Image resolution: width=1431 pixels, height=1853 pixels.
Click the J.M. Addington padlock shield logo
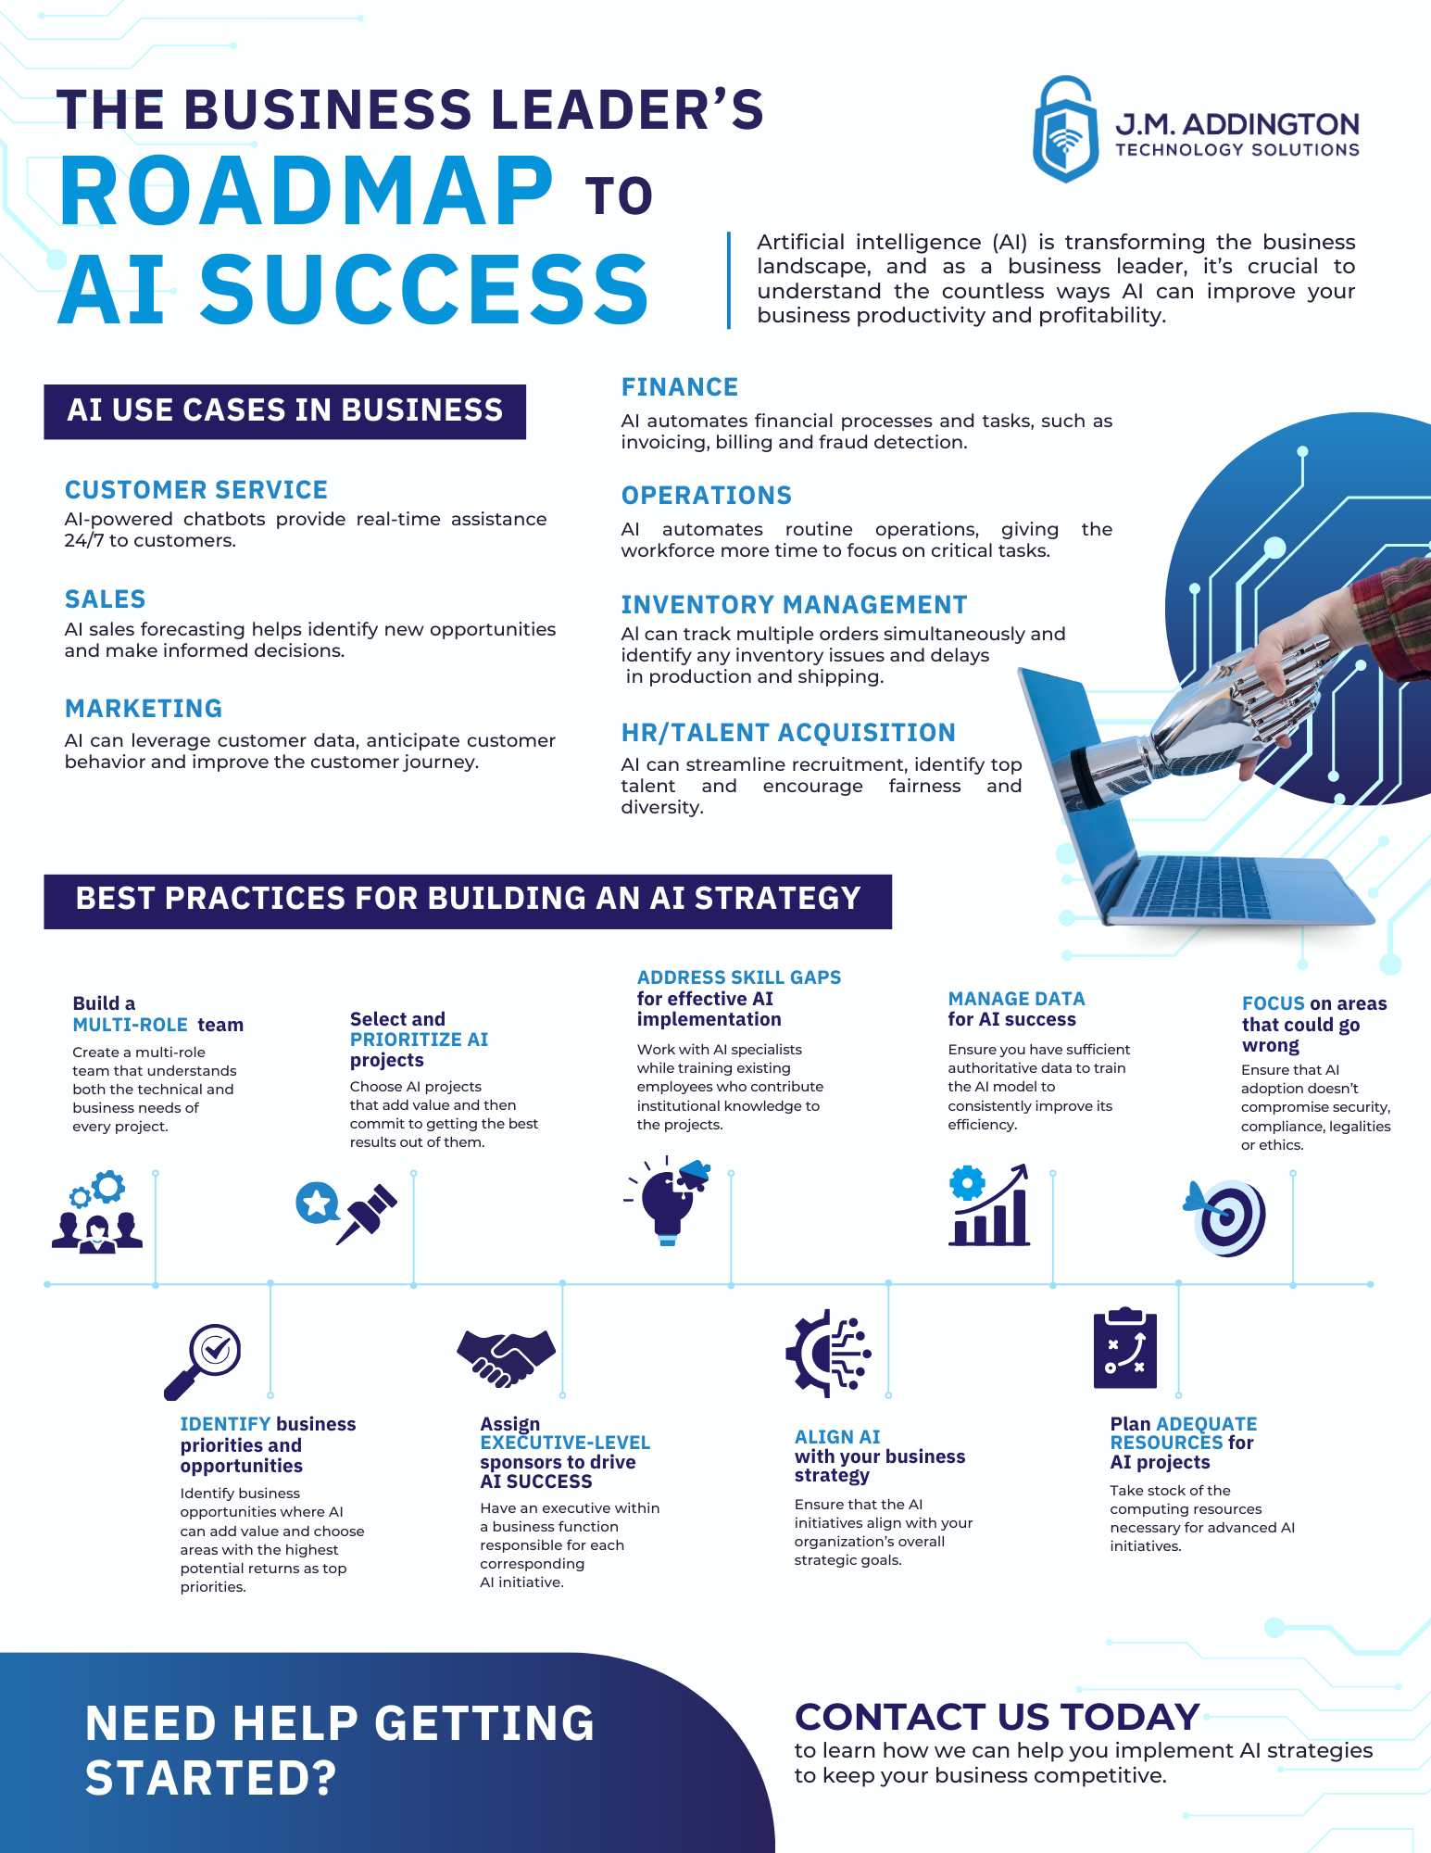pyautogui.click(x=1066, y=129)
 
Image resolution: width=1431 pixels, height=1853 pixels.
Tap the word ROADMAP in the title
pyautogui.click(x=307, y=192)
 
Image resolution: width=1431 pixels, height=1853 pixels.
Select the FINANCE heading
pyautogui.click(x=680, y=387)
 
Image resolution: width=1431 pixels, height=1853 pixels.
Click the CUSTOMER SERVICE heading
pyautogui.click(x=196, y=490)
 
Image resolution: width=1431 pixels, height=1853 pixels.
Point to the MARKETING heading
pyautogui.click(x=144, y=709)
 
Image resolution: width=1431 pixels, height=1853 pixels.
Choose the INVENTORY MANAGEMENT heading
pyautogui.click(x=794, y=605)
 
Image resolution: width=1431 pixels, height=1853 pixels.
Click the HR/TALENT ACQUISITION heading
pyautogui.click(x=788, y=733)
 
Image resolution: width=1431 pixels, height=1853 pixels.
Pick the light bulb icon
pyautogui.click(x=668, y=1201)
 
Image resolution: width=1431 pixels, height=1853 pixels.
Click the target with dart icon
pyautogui.click(x=1224, y=1217)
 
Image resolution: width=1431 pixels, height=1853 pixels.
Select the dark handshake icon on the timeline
pyautogui.click(x=506, y=1358)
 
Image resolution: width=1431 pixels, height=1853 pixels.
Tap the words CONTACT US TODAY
pyautogui.click(x=998, y=1717)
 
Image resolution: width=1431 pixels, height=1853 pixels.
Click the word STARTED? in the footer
pyautogui.click(x=211, y=1779)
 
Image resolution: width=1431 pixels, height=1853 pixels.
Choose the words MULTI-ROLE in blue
pyautogui.click(x=131, y=1025)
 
